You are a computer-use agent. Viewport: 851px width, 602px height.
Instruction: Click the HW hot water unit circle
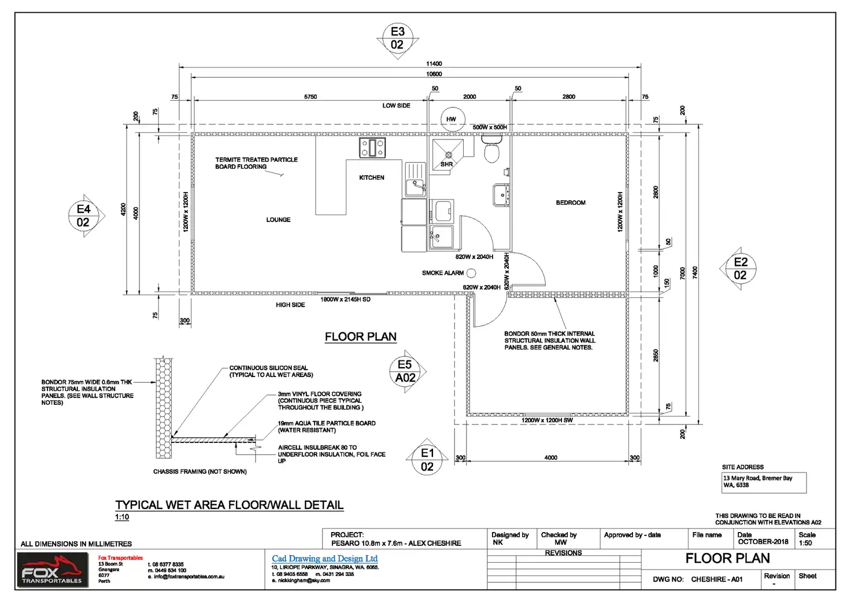452,119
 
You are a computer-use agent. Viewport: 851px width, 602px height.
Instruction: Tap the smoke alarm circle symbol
471,273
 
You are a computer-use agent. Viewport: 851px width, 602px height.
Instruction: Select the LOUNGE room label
278,220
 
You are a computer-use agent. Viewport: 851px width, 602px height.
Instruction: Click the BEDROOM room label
571,203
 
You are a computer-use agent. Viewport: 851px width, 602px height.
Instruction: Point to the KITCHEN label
371,178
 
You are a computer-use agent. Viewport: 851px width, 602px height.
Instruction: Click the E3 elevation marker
397,38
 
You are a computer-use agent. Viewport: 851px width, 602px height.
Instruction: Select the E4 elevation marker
84,216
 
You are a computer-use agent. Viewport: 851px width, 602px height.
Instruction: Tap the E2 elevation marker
740,269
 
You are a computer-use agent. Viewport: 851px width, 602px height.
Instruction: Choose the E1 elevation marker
427,460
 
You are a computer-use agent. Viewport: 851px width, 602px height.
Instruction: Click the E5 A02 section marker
405,371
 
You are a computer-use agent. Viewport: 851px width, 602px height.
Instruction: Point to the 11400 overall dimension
434,64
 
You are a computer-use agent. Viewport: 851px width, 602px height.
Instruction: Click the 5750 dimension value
310,97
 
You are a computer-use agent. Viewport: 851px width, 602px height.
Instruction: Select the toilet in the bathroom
491,150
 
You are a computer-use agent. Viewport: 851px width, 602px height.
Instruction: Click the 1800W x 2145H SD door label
345,300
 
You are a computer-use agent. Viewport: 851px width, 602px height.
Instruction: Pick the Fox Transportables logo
53,570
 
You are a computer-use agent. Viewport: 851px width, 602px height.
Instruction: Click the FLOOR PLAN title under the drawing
361,337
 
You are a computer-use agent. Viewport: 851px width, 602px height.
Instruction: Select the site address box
760,482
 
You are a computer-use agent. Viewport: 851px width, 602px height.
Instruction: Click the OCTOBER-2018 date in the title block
763,542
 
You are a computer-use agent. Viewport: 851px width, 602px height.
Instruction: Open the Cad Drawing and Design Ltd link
324,559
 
